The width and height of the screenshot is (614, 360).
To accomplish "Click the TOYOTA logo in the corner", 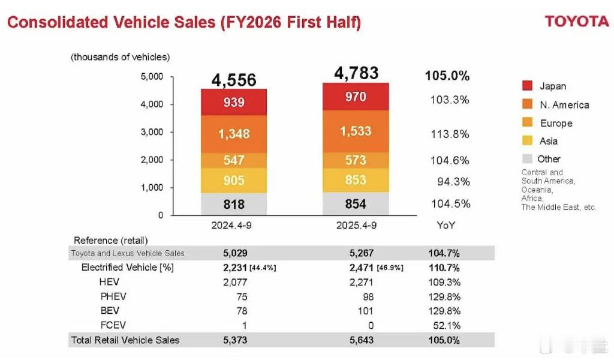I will point(576,21).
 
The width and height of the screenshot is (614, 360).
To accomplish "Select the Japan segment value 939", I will point(234,102).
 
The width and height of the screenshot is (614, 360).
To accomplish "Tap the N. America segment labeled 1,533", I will point(356,130).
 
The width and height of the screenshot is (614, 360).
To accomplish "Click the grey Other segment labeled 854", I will point(356,204).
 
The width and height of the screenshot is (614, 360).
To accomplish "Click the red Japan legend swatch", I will point(528,86).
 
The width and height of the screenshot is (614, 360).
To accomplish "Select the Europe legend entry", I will point(556,123).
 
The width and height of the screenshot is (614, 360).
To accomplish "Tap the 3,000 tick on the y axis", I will point(152,132).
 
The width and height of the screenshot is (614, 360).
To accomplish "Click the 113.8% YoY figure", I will point(450,134).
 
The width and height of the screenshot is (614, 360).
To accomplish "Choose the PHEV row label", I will point(113,296).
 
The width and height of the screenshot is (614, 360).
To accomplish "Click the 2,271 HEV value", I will point(360,281).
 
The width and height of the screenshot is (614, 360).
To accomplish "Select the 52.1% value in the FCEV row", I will point(449,325).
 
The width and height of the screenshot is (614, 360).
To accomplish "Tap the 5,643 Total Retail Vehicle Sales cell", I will point(360,340).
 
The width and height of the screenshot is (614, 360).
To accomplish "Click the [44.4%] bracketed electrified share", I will point(263,268).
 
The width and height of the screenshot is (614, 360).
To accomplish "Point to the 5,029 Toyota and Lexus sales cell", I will point(234,253).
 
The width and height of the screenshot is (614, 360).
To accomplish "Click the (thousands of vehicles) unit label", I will point(121,57).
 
